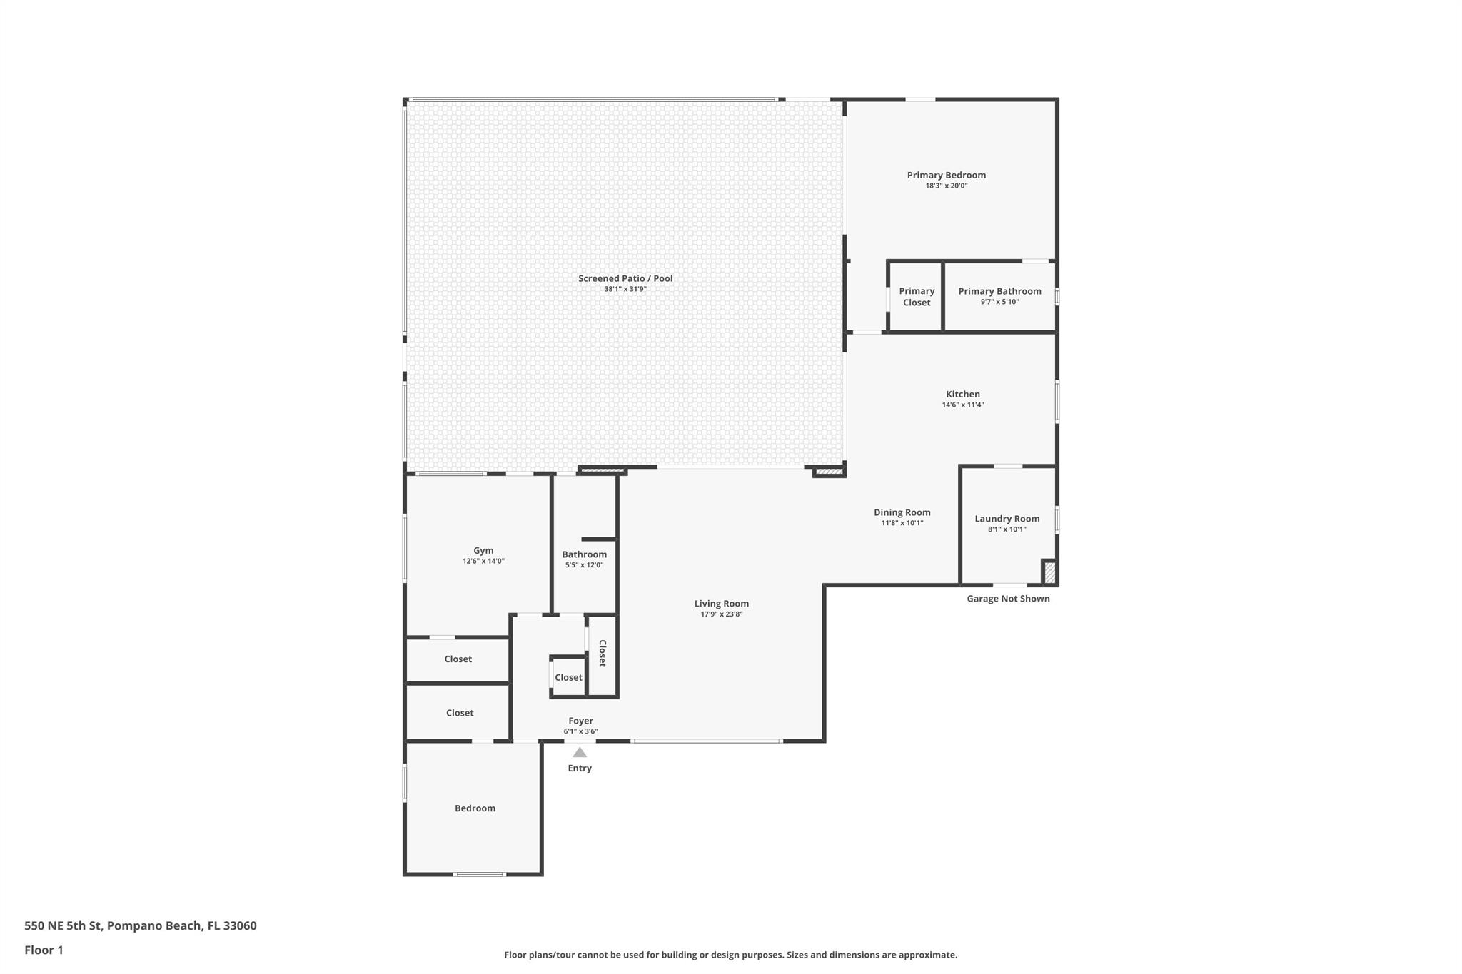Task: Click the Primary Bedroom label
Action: click(946, 175)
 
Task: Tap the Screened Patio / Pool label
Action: click(625, 278)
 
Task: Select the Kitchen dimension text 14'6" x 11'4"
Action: click(963, 405)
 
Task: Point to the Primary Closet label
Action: click(917, 297)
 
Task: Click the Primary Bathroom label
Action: click(999, 291)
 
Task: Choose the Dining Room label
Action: click(902, 512)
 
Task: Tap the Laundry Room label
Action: click(1007, 519)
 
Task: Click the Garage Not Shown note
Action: click(1008, 599)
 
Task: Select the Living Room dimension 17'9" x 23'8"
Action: click(722, 614)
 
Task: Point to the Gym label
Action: click(483, 550)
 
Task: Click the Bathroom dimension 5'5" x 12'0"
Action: click(585, 565)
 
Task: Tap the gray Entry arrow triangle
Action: click(580, 752)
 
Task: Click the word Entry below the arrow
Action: click(580, 768)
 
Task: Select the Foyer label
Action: click(581, 721)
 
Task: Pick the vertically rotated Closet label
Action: click(603, 653)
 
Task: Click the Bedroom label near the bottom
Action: click(475, 808)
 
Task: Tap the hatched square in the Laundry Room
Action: click(1049, 572)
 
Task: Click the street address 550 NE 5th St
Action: click(64, 925)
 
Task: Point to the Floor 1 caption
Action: click(44, 950)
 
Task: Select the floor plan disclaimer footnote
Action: click(731, 955)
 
